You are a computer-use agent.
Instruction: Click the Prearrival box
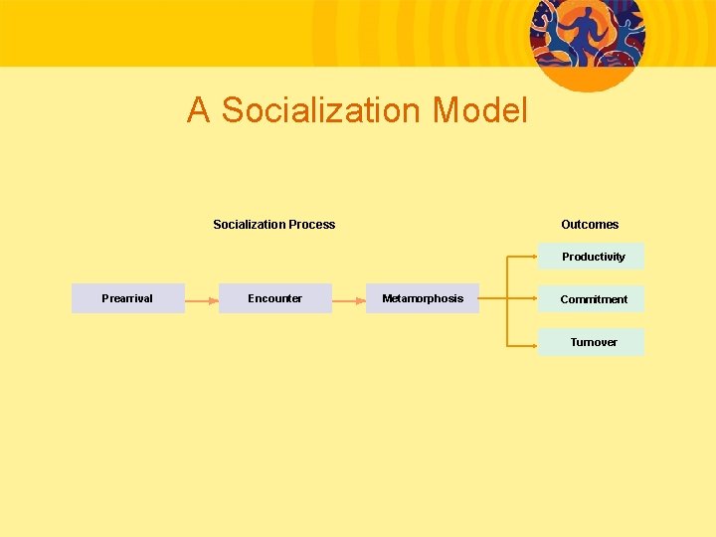pyautogui.click(x=127, y=298)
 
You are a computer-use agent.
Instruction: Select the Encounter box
pyautogui.click(x=274, y=298)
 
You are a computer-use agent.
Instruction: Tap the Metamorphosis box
pyautogui.click(x=422, y=298)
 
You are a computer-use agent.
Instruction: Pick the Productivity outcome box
pyautogui.click(x=592, y=257)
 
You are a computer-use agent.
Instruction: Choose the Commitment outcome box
pyautogui.click(x=592, y=299)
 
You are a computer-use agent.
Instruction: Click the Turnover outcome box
pyautogui.click(x=592, y=342)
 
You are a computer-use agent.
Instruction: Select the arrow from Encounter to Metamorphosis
pyautogui.click(x=348, y=298)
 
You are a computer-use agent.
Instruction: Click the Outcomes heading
pyautogui.click(x=590, y=225)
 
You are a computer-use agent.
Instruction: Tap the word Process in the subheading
pyautogui.click(x=312, y=225)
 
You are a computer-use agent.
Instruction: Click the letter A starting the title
pyautogui.click(x=198, y=110)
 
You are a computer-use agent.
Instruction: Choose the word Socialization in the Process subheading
pyautogui.click(x=250, y=225)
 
